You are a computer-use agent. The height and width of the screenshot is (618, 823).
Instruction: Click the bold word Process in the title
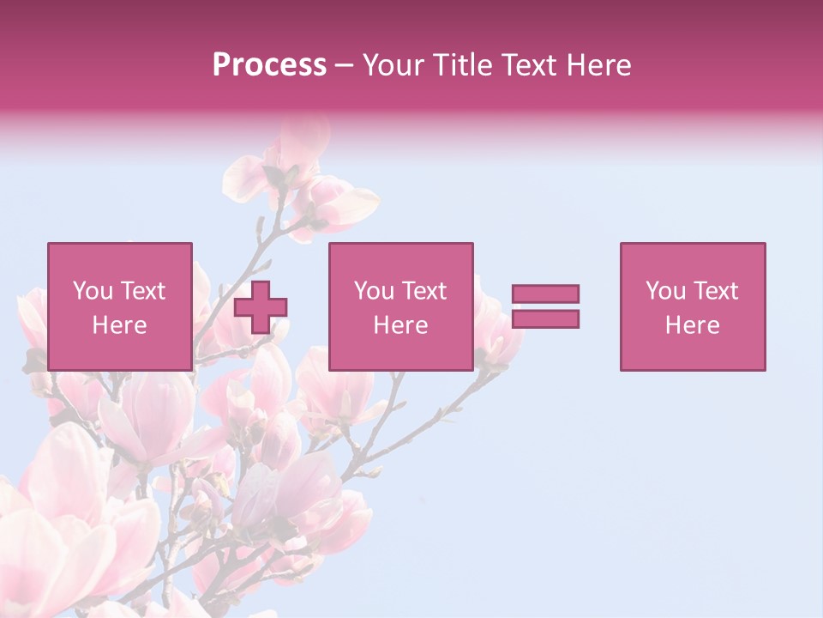pos(269,65)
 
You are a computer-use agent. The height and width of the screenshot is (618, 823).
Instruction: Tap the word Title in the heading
pos(461,65)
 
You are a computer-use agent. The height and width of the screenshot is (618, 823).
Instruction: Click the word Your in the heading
pos(392,65)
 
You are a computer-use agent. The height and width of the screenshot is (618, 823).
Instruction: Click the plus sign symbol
pos(261,306)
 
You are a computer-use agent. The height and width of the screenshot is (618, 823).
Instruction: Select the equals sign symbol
pos(545,306)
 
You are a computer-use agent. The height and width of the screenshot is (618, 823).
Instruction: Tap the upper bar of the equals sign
pos(545,294)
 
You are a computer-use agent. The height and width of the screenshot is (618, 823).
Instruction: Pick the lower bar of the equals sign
pos(545,318)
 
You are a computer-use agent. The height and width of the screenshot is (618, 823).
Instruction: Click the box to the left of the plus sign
pos(119,306)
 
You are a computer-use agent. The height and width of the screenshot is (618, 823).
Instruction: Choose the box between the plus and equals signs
pos(400,306)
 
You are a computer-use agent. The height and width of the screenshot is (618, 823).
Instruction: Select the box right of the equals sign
pos(692,306)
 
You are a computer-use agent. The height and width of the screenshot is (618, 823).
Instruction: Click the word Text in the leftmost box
pos(142,291)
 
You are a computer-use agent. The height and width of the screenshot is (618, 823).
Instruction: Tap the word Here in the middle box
pos(400,325)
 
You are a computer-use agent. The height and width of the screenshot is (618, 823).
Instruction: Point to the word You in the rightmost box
pos(665,291)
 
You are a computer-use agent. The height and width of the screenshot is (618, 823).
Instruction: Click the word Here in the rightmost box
pos(692,325)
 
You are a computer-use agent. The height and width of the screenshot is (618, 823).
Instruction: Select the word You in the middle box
pos(374,291)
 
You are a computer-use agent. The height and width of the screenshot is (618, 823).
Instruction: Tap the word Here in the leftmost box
pos(119,325)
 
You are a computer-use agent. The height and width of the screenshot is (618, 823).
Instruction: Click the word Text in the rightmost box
pos(715,291)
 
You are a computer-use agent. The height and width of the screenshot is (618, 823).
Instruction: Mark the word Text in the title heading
pos(525,65)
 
